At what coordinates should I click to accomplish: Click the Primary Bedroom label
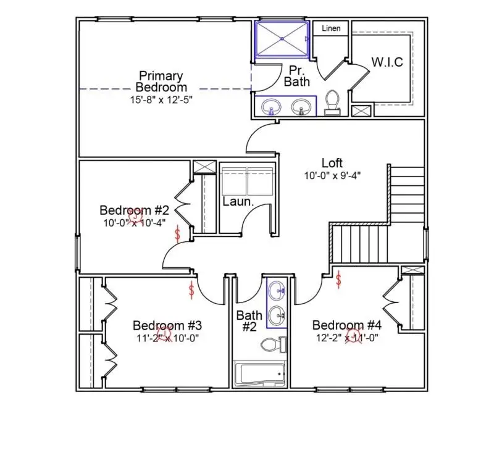point(161,81)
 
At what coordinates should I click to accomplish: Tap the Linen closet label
point(330,28)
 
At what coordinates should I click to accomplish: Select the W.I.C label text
point(387,62)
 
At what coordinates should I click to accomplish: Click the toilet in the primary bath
point(332,102)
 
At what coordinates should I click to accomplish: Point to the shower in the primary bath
point(282,39)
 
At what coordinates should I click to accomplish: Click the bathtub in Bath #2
point(260,375)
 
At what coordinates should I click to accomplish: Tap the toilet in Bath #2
point(272,344)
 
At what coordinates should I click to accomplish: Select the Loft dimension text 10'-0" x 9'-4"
point(332,175)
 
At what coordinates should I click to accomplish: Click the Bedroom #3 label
point(167,325)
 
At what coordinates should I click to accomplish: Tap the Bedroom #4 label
point(346,325)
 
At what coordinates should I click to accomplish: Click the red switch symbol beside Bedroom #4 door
point(339,281)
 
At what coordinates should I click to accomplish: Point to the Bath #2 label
point(249,321)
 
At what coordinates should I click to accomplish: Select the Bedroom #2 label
point(135,209)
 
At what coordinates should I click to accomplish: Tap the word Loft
point(332,163)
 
